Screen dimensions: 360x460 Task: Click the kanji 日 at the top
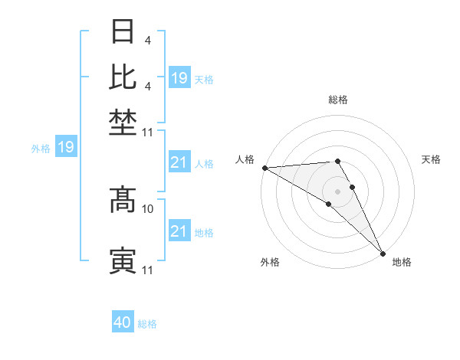123,32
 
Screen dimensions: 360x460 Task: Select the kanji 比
123,77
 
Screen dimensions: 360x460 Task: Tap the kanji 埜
123,123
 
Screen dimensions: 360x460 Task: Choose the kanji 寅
123,260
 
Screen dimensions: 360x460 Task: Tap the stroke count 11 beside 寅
148,270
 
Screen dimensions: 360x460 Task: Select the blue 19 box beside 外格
66,147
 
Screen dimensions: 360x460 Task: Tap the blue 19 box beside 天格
179,78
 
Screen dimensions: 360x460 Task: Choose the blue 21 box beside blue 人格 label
179,162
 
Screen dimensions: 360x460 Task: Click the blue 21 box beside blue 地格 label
179,231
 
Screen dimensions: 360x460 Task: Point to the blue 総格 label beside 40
147,324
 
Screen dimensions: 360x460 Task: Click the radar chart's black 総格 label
338,100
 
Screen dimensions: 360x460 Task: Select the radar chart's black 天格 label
431,159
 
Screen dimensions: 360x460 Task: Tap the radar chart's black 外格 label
270,262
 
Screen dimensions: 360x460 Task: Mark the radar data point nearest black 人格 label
264,167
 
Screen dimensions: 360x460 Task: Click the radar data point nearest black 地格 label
383,252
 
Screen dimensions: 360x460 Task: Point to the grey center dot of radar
338,190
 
